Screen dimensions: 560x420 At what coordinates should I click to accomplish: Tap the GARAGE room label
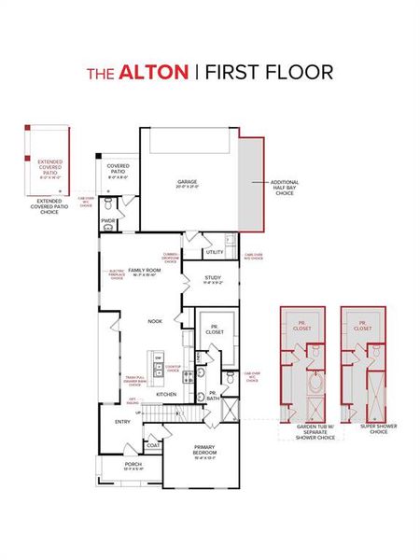point(190,184)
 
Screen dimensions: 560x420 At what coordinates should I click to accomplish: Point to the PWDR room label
point(108,221)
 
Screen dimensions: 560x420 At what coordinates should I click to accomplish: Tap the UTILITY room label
point(215,252)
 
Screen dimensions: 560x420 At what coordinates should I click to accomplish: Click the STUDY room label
point(213,279)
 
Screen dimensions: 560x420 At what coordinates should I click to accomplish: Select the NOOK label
point(155,320)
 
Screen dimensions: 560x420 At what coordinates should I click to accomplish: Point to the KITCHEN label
point(166,394)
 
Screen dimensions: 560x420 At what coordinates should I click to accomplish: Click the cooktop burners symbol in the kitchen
point(189,378)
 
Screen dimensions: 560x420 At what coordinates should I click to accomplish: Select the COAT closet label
point(153,445)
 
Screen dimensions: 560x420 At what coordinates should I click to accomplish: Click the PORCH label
point(134,464)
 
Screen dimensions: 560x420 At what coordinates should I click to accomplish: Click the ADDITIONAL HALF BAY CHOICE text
point(284,187)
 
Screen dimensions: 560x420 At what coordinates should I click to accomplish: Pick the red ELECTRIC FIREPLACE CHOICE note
point(117,273)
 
